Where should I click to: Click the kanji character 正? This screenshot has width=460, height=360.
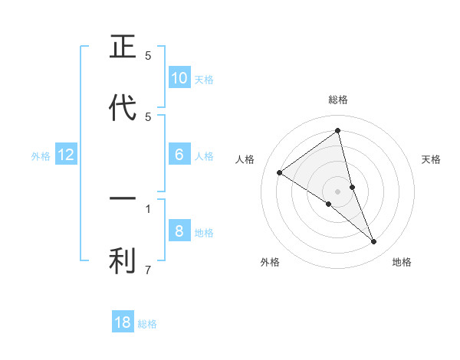tap(123, 47)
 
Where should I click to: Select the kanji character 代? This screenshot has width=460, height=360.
tap(123, 108)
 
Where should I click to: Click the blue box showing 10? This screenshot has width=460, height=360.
tap(179, 78)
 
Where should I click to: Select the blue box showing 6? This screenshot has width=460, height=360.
tap(179, 155)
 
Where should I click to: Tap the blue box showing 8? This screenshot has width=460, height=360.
tap(179, 231)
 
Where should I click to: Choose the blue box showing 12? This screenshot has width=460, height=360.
tap(66, 155)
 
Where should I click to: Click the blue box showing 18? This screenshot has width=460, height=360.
tap(123, 322)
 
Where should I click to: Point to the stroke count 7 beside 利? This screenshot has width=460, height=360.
tap(148, 270)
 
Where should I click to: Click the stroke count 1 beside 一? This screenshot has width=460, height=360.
tap(148, 208)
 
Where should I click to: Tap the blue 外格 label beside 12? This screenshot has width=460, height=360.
tap(41, 155)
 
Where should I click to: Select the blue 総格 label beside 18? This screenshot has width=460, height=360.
tap(147, 324)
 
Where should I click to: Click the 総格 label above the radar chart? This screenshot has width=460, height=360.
tap(337, 100)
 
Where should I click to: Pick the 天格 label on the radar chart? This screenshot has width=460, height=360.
tap(431, 159)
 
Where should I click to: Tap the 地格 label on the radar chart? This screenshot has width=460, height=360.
tap(402, 262)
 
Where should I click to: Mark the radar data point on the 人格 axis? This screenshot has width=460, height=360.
tap(279, 172)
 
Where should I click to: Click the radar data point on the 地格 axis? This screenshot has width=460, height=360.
tap(374, 242)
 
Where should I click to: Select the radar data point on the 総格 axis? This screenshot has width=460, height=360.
tap(337, 131)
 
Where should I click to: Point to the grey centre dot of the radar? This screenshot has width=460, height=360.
tap(337, 191)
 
